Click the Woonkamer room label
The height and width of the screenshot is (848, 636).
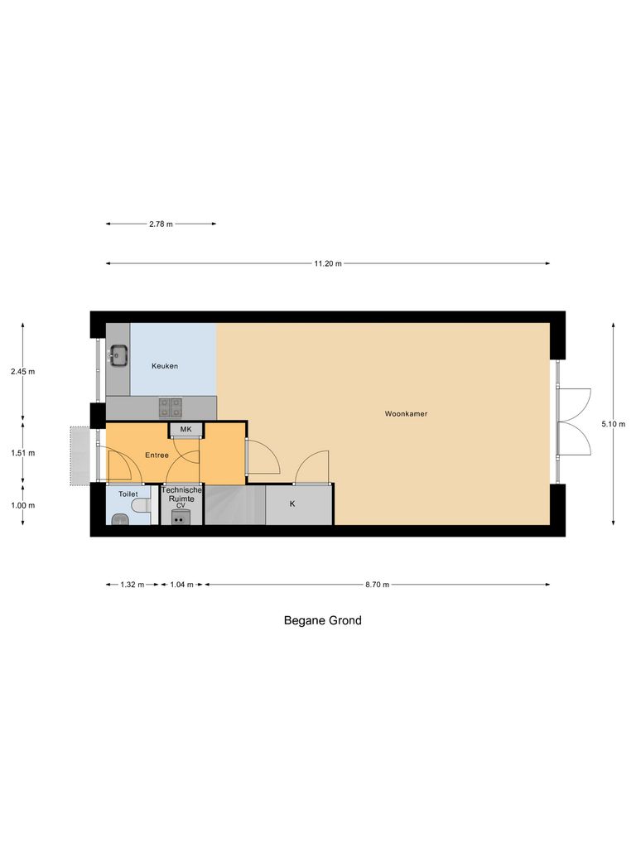406,413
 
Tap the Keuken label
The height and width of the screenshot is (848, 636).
164,366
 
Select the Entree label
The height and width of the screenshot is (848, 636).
157,455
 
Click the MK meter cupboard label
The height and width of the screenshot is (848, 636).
185,429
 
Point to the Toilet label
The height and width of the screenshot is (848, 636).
128,494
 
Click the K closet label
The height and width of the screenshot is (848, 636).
291,503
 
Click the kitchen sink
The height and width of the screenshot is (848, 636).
118,356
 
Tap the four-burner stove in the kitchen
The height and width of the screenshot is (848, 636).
171,407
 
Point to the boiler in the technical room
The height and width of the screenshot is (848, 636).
180,518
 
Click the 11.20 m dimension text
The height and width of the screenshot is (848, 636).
327,263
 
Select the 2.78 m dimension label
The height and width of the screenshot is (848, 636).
161,224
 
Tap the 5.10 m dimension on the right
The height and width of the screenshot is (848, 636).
614,424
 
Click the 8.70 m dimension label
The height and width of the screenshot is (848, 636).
377,584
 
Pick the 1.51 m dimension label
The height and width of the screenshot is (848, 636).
22,453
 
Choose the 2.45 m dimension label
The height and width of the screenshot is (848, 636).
22,372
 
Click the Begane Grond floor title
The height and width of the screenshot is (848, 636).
322,620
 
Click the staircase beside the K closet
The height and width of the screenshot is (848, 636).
234,505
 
